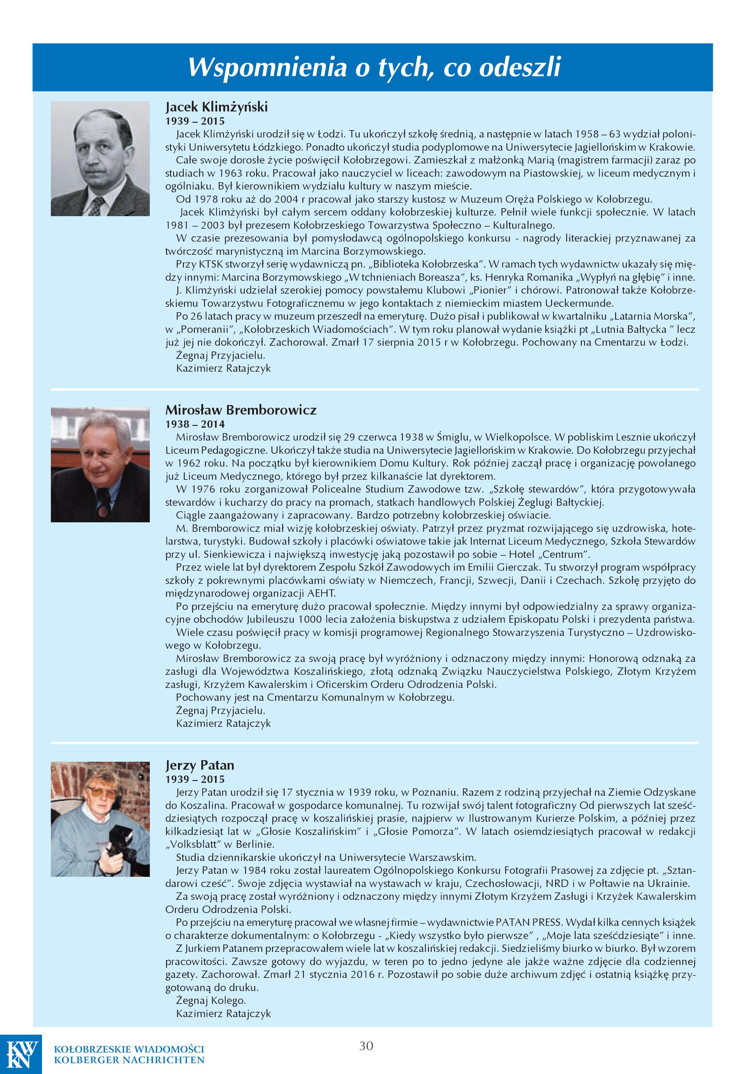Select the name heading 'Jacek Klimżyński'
[217, 107]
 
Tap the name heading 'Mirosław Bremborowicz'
[241, 410]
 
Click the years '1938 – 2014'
[195, 424]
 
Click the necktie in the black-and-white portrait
[99, 205]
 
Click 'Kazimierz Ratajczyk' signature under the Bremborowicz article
[223, 723]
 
